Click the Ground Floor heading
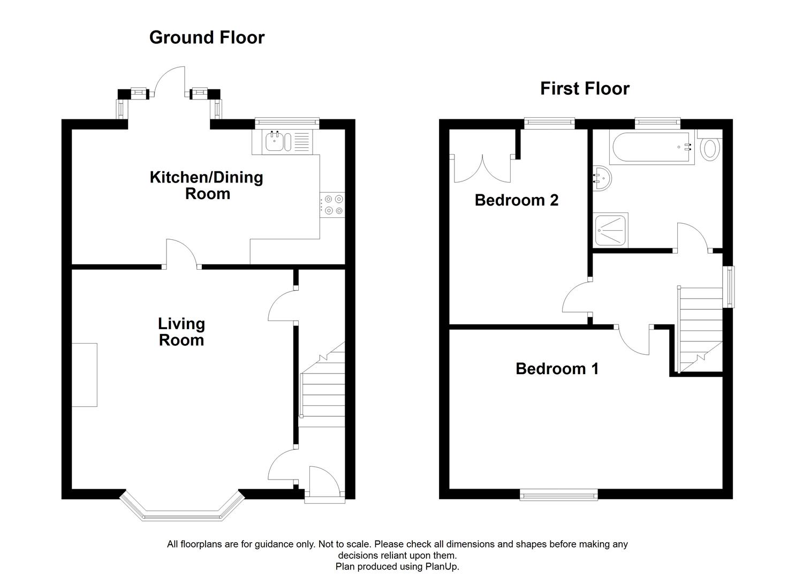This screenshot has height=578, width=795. tap(207, 37)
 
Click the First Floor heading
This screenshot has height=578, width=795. tap(584, 88)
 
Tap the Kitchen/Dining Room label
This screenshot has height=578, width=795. tap(206, 185)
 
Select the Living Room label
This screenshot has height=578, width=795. tap(181, 332)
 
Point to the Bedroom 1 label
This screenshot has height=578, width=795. tap(557, 369)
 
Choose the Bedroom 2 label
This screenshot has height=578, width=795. tap(516, 200)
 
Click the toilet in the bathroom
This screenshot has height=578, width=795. tap(710, 147)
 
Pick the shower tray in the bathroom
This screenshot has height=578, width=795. tap(610, 231)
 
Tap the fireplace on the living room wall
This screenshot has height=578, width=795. tap(85, 375)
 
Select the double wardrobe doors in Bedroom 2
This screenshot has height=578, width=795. tap(482, 169)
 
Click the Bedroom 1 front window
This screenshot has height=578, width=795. tap(558, 495)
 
